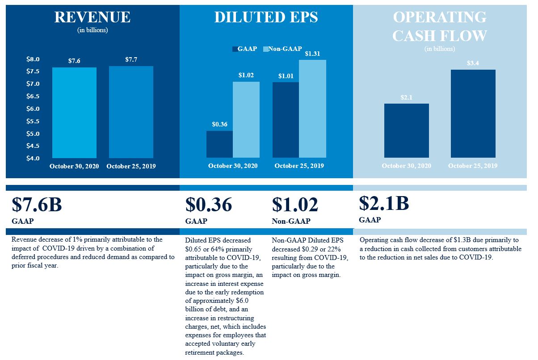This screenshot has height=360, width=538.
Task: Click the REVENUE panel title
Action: [92, 17]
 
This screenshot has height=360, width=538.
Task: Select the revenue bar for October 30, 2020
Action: [74, 113]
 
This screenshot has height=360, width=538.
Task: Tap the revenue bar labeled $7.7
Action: [131, 112]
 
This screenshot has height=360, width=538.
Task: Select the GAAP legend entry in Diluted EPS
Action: [244, 49]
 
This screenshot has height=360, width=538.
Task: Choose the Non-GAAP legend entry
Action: [282, 49]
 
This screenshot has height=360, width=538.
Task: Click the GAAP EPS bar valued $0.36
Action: [219, 144]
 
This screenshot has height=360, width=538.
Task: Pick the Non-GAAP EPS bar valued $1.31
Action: [312, 109]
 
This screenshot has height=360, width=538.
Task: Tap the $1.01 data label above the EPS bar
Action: [286, 76]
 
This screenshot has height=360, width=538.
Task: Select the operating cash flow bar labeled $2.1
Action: [406, 130]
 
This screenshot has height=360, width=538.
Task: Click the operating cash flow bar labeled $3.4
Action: [473, 113]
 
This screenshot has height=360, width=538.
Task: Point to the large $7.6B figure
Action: [37, 205]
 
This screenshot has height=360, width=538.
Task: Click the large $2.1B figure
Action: [384, 203]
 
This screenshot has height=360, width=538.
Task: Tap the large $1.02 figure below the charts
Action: [295, 205]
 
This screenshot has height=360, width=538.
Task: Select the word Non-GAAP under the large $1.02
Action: [291, 221]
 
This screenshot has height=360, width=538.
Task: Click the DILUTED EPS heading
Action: [266, 17]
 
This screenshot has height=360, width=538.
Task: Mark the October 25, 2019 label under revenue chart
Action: [131, 166]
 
